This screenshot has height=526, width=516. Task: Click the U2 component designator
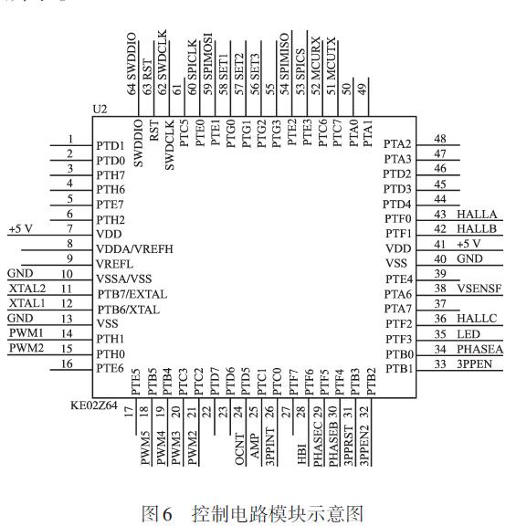tap(101, 109)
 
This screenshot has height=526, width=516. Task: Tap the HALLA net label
tap(477, 213)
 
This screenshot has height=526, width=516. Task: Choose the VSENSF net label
tap(479, 287)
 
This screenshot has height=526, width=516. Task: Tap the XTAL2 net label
tap(26, 288)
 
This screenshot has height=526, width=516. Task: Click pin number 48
tap(439, 138)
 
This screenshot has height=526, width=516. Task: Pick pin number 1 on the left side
tap(69, 140)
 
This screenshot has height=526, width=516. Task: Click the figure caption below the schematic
tap(258, 513)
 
